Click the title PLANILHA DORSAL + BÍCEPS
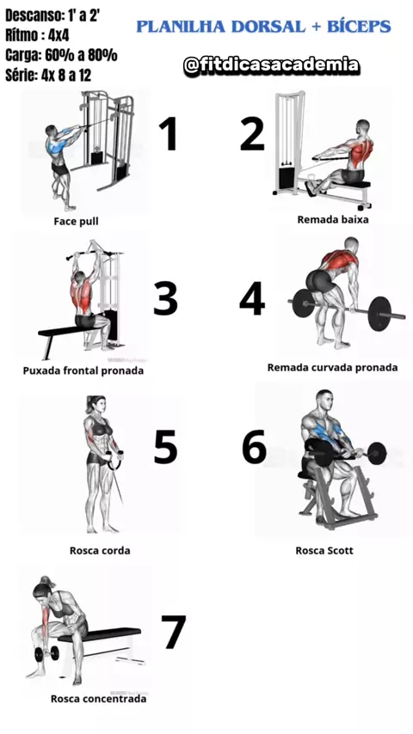coord(263,27)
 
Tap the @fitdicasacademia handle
coord(271,65)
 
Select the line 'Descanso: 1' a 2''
coord(52,15)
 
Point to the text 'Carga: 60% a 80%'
coord(61,55)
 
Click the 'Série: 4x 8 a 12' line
coord(48,75)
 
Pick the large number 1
coord(168,133)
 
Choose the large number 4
coord(252,298)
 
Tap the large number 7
coord(173,632)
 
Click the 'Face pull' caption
coord(76,221)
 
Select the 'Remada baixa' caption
coord(333,218)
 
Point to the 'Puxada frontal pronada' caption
coord(83,370)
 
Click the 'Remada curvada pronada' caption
coord(332,368)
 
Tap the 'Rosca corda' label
coord(100,550)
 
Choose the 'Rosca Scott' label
coord(324,550)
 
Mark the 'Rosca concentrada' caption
coord(98,699)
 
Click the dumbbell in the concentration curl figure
coord(46,653)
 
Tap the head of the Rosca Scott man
coord(324,398)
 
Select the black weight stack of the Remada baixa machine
coord(286,179)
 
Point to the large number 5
coord(165,446)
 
